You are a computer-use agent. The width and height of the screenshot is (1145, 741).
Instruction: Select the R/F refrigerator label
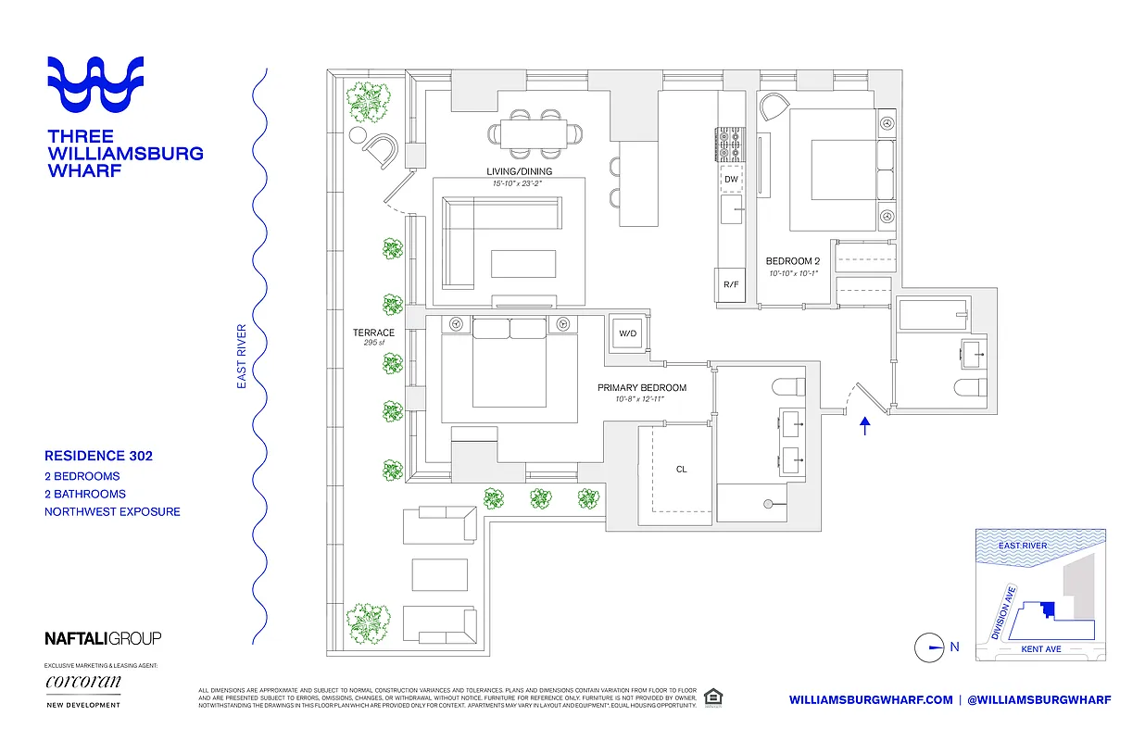731,283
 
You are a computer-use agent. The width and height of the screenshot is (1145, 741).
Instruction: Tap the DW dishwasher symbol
731,179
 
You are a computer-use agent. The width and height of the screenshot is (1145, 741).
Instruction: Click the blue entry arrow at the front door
865,426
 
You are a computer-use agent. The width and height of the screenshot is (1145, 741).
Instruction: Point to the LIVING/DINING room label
519,171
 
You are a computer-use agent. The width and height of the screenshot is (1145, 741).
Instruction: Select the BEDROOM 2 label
792,261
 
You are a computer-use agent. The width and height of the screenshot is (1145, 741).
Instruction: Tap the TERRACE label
373,333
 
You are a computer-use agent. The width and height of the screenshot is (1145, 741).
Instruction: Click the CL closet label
681,470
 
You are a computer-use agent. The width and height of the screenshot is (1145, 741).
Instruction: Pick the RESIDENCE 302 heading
98,456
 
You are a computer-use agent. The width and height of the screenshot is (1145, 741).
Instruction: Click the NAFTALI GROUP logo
103,637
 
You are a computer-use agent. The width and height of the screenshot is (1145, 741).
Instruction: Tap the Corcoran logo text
82,683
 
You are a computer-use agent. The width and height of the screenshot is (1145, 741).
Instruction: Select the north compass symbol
928,647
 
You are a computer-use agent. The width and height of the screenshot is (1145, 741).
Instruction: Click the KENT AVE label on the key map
1040,649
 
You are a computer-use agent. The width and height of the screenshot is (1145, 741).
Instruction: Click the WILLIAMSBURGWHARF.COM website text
871,700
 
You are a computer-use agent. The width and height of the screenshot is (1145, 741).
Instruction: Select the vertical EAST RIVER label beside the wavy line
242,356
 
